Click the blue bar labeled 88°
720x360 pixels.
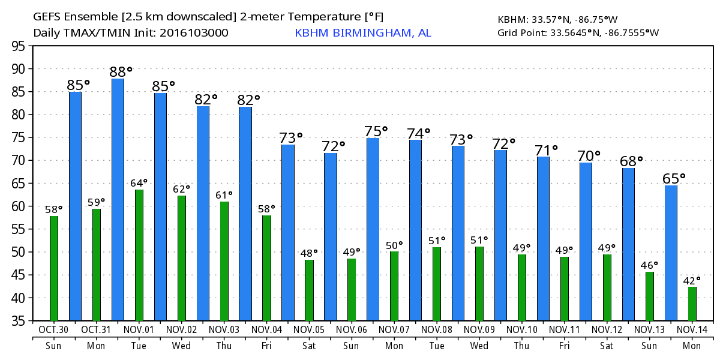[118, 200]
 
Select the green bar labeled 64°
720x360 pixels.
[139, 255]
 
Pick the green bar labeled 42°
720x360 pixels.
[692, 304]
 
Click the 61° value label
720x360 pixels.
[224, 194]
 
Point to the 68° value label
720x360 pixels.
[632, 161]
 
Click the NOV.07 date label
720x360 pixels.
[394, 330]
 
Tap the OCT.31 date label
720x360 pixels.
[96, 330]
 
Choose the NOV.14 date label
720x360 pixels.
[692, 330]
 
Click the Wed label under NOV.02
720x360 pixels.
[181, 346]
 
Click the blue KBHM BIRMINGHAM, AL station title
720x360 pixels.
[362, 33]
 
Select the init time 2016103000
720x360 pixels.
[193, 33]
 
